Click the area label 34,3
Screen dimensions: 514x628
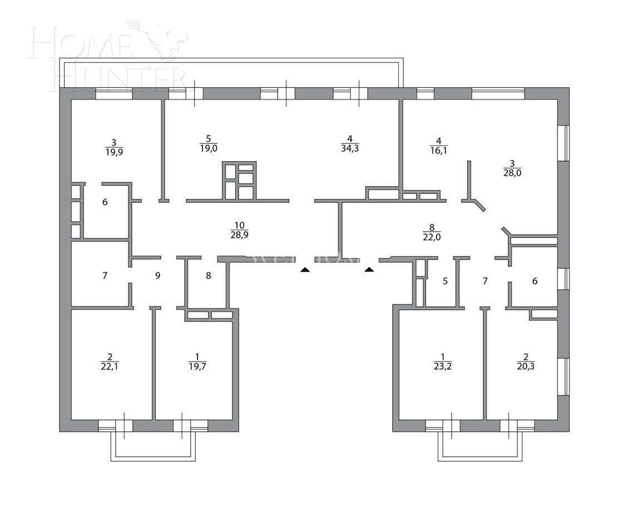point(350,148)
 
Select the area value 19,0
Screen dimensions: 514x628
point(209,148)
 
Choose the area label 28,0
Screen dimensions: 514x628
point(512,173)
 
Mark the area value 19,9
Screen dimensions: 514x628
point(113,152)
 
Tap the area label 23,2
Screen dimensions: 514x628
point(443,366)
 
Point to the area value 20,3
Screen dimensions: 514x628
point(526,366)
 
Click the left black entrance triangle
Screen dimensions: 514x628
point(304,270)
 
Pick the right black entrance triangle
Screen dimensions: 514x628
point(369,270)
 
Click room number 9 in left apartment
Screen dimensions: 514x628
point(157,275)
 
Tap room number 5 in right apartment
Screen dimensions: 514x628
point(445,281)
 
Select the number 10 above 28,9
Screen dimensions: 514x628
point(240,225)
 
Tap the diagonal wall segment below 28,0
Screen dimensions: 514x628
point(479,206)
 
